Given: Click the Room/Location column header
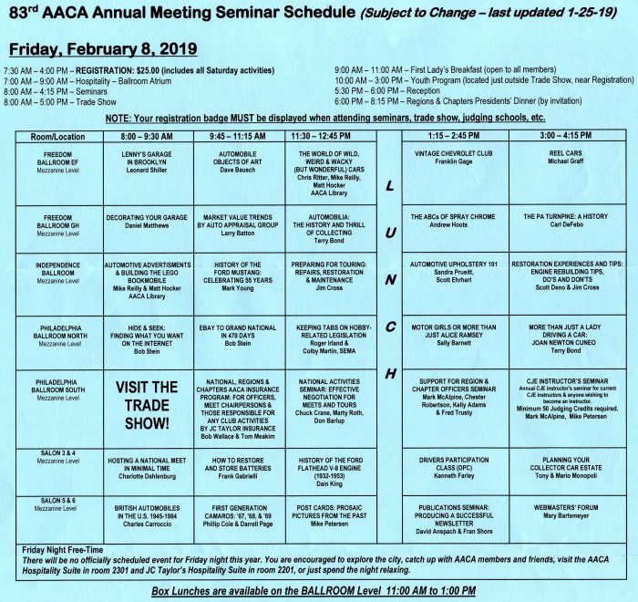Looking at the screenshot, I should pyautogui.click(x=57, y=135).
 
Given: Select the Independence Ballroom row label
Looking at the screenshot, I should pyautogui.click(x=57, y=271).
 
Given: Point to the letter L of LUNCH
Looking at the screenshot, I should pyautogui.click(x=390, y=186).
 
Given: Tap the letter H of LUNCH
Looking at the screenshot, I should pyautogui.click(x=390, y=374).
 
